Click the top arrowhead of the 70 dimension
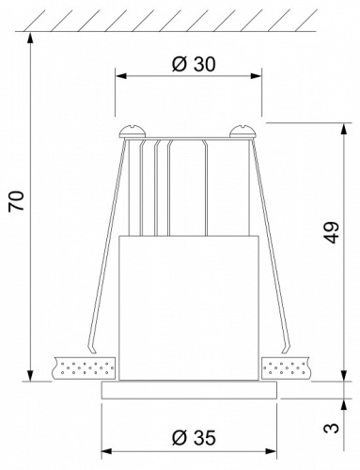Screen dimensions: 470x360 (x=32, y=35)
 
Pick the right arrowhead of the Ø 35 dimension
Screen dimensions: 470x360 (x=272, y=450)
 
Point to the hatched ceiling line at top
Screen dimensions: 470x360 (x=188, y=21)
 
